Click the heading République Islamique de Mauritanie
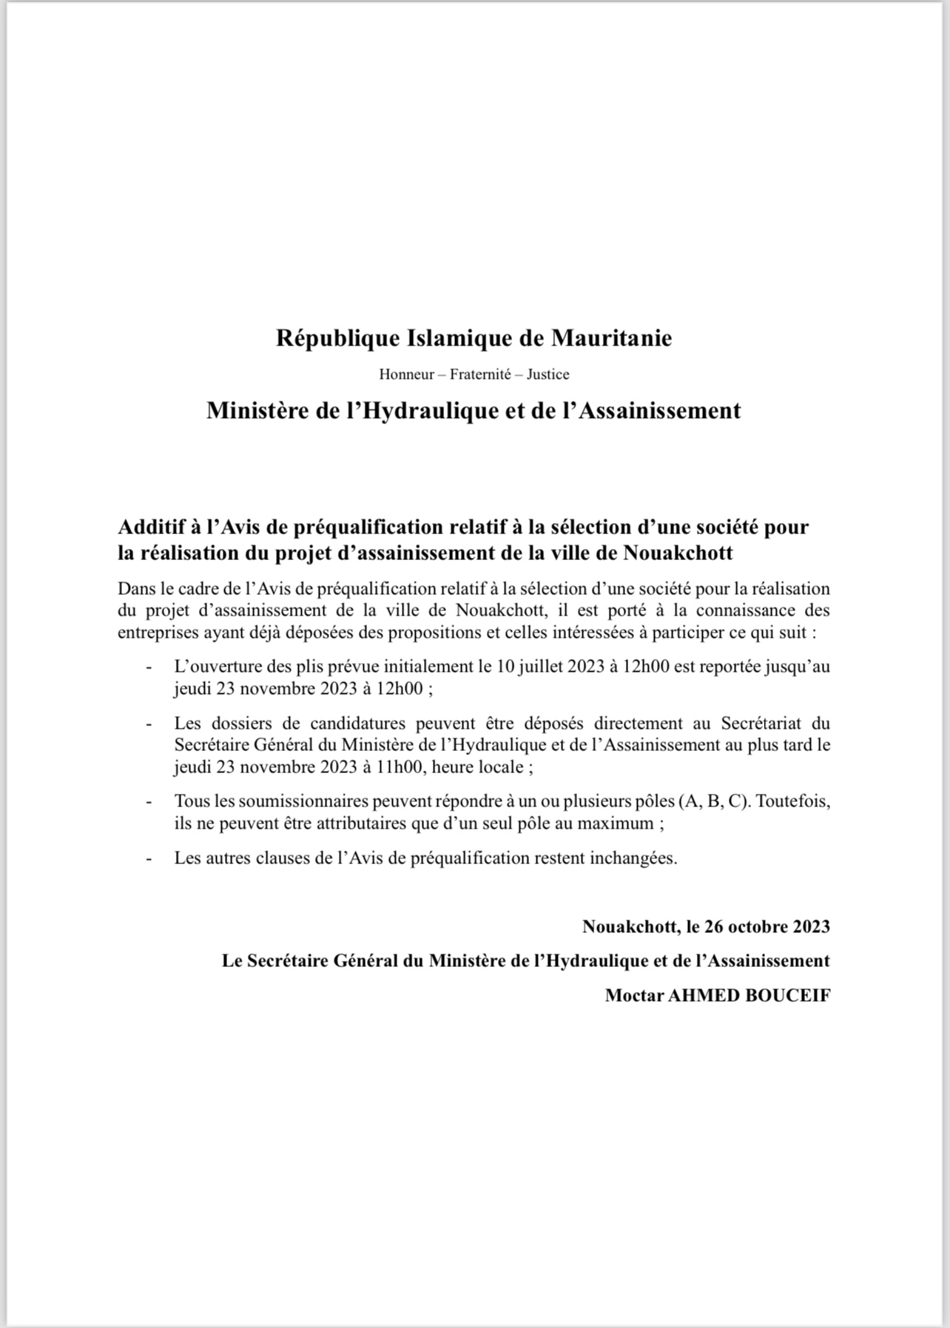(x=474, y=338)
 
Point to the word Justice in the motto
(x=548, y=374)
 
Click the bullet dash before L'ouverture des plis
(x=149, y=667)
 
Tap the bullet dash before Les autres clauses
(x=149, y=858)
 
